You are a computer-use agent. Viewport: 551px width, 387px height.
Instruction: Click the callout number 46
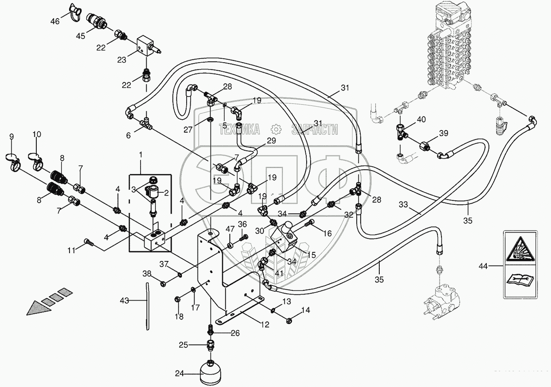55,21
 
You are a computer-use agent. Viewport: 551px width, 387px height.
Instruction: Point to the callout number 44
483,266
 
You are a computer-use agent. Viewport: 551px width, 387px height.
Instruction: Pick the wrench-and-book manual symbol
520,279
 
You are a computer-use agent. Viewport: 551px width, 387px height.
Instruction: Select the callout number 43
124,301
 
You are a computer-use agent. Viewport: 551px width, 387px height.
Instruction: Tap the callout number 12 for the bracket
265,324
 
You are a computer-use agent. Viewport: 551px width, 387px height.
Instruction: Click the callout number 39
444,133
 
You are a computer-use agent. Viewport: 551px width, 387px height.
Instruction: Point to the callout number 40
421,119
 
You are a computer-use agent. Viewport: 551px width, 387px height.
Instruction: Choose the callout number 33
403,204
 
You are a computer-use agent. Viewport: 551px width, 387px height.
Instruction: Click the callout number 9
11,137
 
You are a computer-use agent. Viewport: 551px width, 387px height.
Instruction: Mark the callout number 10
37,134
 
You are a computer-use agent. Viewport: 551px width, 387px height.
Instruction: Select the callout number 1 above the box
141,155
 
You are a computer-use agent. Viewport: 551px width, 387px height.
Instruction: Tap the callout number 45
80,36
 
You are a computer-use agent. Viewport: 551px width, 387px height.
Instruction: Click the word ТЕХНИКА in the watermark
240,129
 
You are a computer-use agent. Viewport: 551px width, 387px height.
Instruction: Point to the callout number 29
271,141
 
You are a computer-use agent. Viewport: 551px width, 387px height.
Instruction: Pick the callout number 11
72,250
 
